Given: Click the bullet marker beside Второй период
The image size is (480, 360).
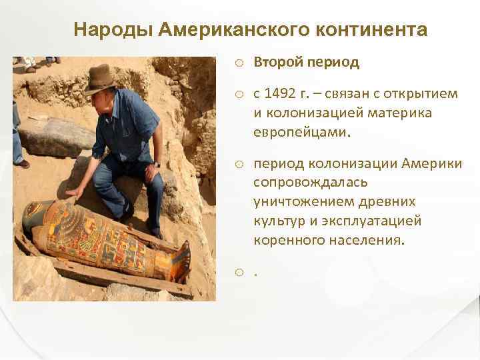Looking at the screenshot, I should pyautogui.click(x=239, y=63).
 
